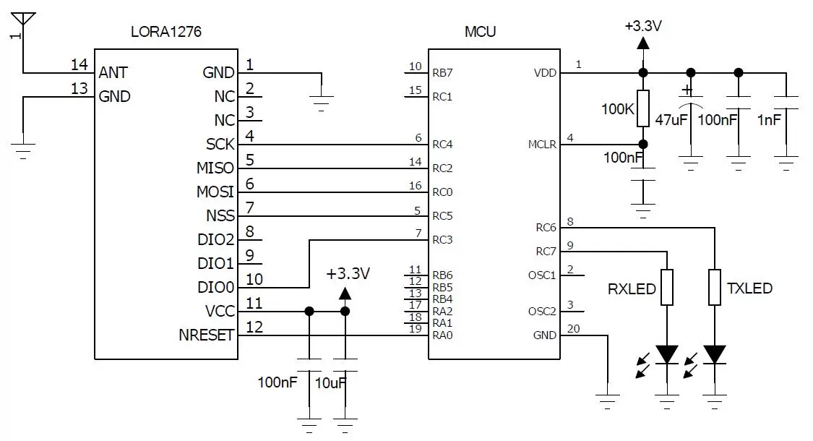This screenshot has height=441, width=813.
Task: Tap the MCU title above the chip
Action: (x=480, y=33)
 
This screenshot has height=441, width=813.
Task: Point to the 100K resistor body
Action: (x=642, y=108)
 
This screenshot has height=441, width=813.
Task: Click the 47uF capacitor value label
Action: (x=671, y=119)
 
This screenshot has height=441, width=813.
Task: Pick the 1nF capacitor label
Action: (x=768, y=119)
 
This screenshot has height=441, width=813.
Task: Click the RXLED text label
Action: (x=632, y=289)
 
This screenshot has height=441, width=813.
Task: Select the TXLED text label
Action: (x=749, y=288)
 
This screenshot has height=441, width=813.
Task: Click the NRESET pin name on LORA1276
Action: (x=206, y=335)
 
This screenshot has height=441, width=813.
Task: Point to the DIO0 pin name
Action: (x=216, y=287)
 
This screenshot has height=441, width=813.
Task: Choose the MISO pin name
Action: (x=215, y=168)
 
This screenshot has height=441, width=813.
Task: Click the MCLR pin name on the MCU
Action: (x=542, y=145)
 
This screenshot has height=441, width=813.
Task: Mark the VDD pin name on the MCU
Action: (x=545, y=73)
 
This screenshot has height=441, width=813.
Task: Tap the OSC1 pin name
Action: (x=542, y=275)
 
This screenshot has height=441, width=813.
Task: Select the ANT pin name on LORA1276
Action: (x=113, y=72)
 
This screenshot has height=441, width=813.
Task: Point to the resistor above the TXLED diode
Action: (x=715, y=287)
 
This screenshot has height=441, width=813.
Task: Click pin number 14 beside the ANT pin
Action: (x=79, y=65)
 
